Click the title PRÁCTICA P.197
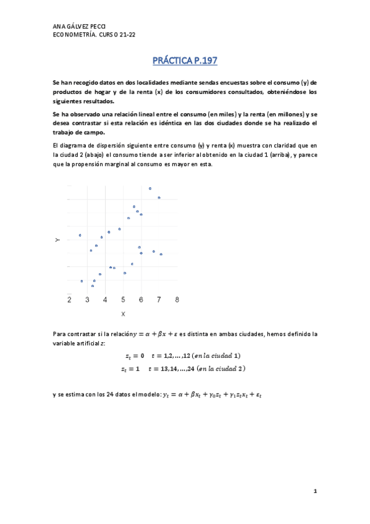click(x=185, y=61)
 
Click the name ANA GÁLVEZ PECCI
click(x=80, y=27)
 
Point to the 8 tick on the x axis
click(x=177, y=300)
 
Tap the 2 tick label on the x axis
click(x=69, y=300)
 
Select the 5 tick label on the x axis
click(x=123, y=300)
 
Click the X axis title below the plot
click(x=123, y=314)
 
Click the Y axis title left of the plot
click(x=57, y=239)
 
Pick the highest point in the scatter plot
click(x=150, y=188)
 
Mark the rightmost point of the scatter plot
click(x=161, y=254)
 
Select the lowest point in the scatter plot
click(x=92, y=286)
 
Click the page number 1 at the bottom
click(x=314, y=491)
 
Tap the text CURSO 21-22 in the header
click(x=116, y=35)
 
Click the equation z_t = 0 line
click(x=182, y=356)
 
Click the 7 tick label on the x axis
click(x=159, y=300)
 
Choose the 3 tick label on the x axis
click(x=87, y=300)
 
